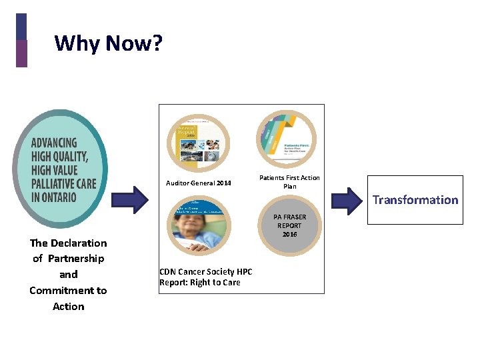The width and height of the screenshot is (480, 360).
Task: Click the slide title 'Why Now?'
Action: (x=108, y=43)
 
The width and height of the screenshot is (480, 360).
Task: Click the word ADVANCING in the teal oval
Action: (x=54, y=143)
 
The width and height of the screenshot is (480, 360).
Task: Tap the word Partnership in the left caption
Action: (x=76, y=258)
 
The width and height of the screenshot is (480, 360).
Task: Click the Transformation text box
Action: (x=415, y=200)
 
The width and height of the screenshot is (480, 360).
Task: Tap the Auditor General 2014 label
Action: (x=199, y=183)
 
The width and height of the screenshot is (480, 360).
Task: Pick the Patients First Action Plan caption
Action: (x=289, y=182)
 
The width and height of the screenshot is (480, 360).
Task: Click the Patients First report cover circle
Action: (x=287, y=141)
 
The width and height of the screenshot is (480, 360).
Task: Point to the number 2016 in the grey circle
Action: (x=289, y=235)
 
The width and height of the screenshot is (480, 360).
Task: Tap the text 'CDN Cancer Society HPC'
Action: (x=206, y=272)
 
